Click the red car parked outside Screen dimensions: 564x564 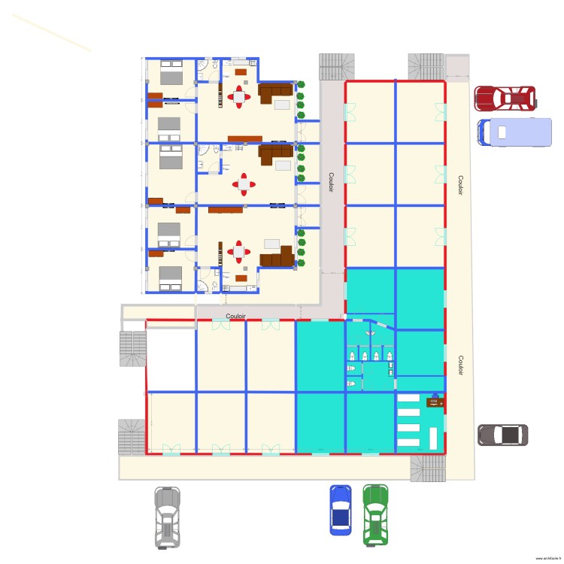[x=505, y=98]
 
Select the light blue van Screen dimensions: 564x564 [x=514, y=132]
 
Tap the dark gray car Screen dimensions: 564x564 [x=502, y=435]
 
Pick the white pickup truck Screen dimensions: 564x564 [x=168, y=516]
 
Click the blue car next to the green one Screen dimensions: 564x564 [x=341, y=509]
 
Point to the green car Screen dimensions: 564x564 [x=375, y=514]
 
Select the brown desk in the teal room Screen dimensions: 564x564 [x=434, y=402]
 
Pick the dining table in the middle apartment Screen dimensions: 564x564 [x=244, y=183]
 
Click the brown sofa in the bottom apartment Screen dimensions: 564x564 [x=277, y=258]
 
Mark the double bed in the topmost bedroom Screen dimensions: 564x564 [x=171, y=75]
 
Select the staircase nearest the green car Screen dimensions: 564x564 [x=427, y=468]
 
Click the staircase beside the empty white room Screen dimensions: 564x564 [x=132, y=348]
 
